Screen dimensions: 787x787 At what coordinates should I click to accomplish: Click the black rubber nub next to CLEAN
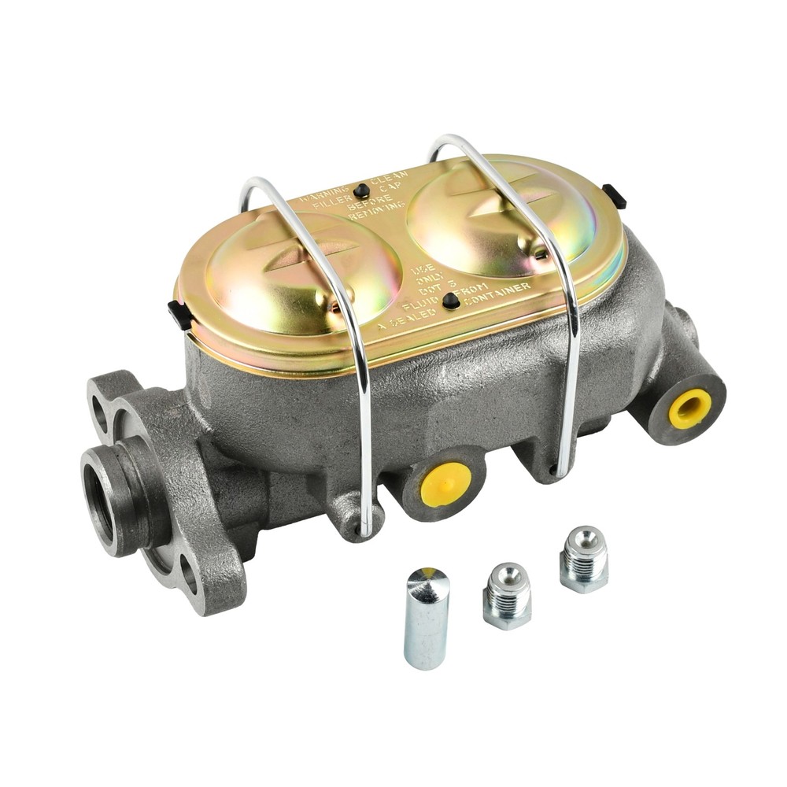[361, 190]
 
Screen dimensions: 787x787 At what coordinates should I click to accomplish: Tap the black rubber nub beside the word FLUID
[450, 301]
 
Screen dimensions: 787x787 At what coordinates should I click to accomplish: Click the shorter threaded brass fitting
[507, 595]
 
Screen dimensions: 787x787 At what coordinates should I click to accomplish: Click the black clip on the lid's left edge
[179, 313]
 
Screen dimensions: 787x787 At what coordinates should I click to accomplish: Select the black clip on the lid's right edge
[614, 195]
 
